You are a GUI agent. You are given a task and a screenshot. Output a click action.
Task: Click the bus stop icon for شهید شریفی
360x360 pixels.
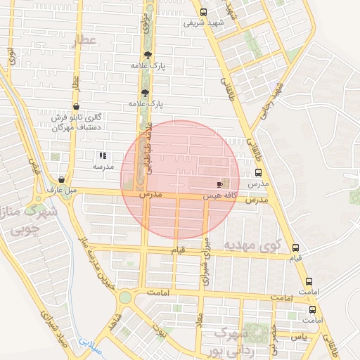pyautogui.click(x=203, y=12)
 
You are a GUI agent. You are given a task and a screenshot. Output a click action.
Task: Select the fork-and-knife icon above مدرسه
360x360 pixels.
pyautogui.click(x=103, y=155)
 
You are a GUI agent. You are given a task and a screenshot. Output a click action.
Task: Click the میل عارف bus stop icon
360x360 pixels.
pyautogui.click(x=62, y=179)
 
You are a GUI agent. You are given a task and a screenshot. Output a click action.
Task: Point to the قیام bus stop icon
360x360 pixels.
pyautogui.click(x=295, y=247)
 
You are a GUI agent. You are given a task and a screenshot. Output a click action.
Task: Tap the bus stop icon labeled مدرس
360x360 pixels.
pyautogui.click(x=258, y=172)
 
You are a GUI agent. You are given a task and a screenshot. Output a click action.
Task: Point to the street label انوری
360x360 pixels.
pyautogui.click(x=12, y=56)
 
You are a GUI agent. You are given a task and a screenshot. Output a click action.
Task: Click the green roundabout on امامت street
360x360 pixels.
pyautogui.click(x=125, y=297)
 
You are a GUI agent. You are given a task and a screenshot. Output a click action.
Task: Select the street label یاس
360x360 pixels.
pyautogui.click(x=300, y=336)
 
